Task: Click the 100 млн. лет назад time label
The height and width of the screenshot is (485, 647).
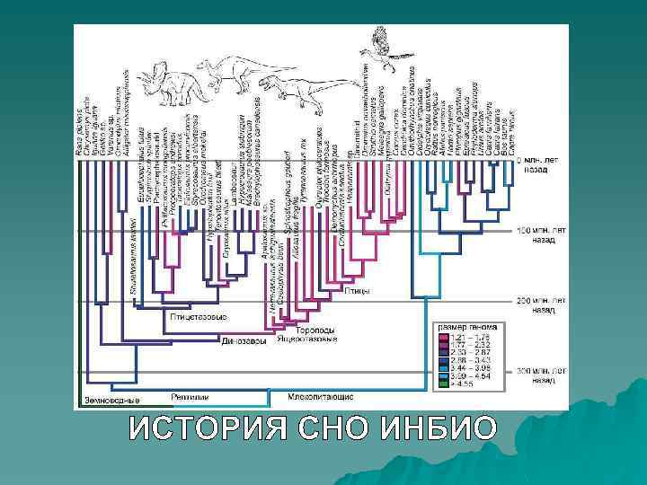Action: [x=543, y=234]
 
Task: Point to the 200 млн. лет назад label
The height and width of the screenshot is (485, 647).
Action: [x=543, y=302]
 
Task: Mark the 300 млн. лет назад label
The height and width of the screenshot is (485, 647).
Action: [x=543, y=375]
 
